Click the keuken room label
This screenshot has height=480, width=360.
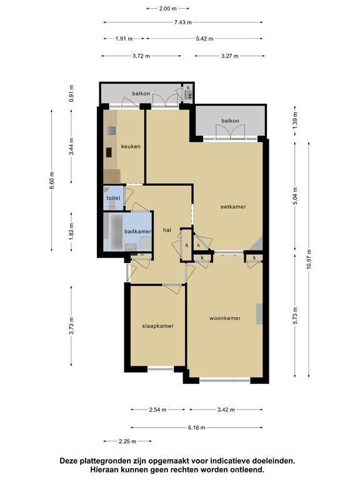[x=131, y=146]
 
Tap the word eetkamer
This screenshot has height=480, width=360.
[x=233, y=207]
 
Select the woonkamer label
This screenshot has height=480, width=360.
[x=225, y=318]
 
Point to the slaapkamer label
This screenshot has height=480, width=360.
[x=157, y=326]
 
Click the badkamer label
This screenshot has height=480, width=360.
[x=137, y=231]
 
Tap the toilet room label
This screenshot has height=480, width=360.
[x=113, y=198]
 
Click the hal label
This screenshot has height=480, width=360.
[x=167, y=230]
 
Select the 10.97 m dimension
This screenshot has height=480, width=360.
[x=309, y=259]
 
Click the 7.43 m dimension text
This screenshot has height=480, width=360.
[x=183, y=22]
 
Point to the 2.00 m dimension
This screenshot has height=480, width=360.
[x=167, y=9]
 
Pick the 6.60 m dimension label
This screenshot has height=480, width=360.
[x=52, y=181]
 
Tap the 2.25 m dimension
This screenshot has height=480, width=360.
[x=127, y=441]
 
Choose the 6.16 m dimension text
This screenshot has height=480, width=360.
[x=196, y=427]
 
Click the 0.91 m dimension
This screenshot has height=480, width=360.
[x=71, y=93]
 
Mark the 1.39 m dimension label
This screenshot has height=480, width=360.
[x=295, y=120]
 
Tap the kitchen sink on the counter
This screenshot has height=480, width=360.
[x=112, y=131]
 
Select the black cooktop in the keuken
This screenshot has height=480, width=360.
[x=109, y=152]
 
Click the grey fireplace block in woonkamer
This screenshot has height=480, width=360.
[x=259, y=314]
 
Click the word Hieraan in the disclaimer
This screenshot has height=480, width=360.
[x=102, y=469]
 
